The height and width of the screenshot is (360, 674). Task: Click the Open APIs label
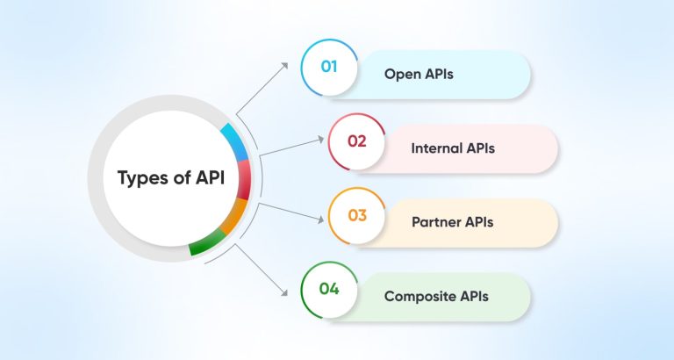[419, 74]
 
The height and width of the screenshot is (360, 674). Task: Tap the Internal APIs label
[453, 148]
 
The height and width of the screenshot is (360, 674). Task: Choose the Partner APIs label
[452, 222]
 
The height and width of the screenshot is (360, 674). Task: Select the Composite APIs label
[436, 296]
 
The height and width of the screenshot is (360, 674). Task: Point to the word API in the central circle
[204, 178]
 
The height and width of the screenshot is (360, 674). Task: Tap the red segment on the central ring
[244, 180]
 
